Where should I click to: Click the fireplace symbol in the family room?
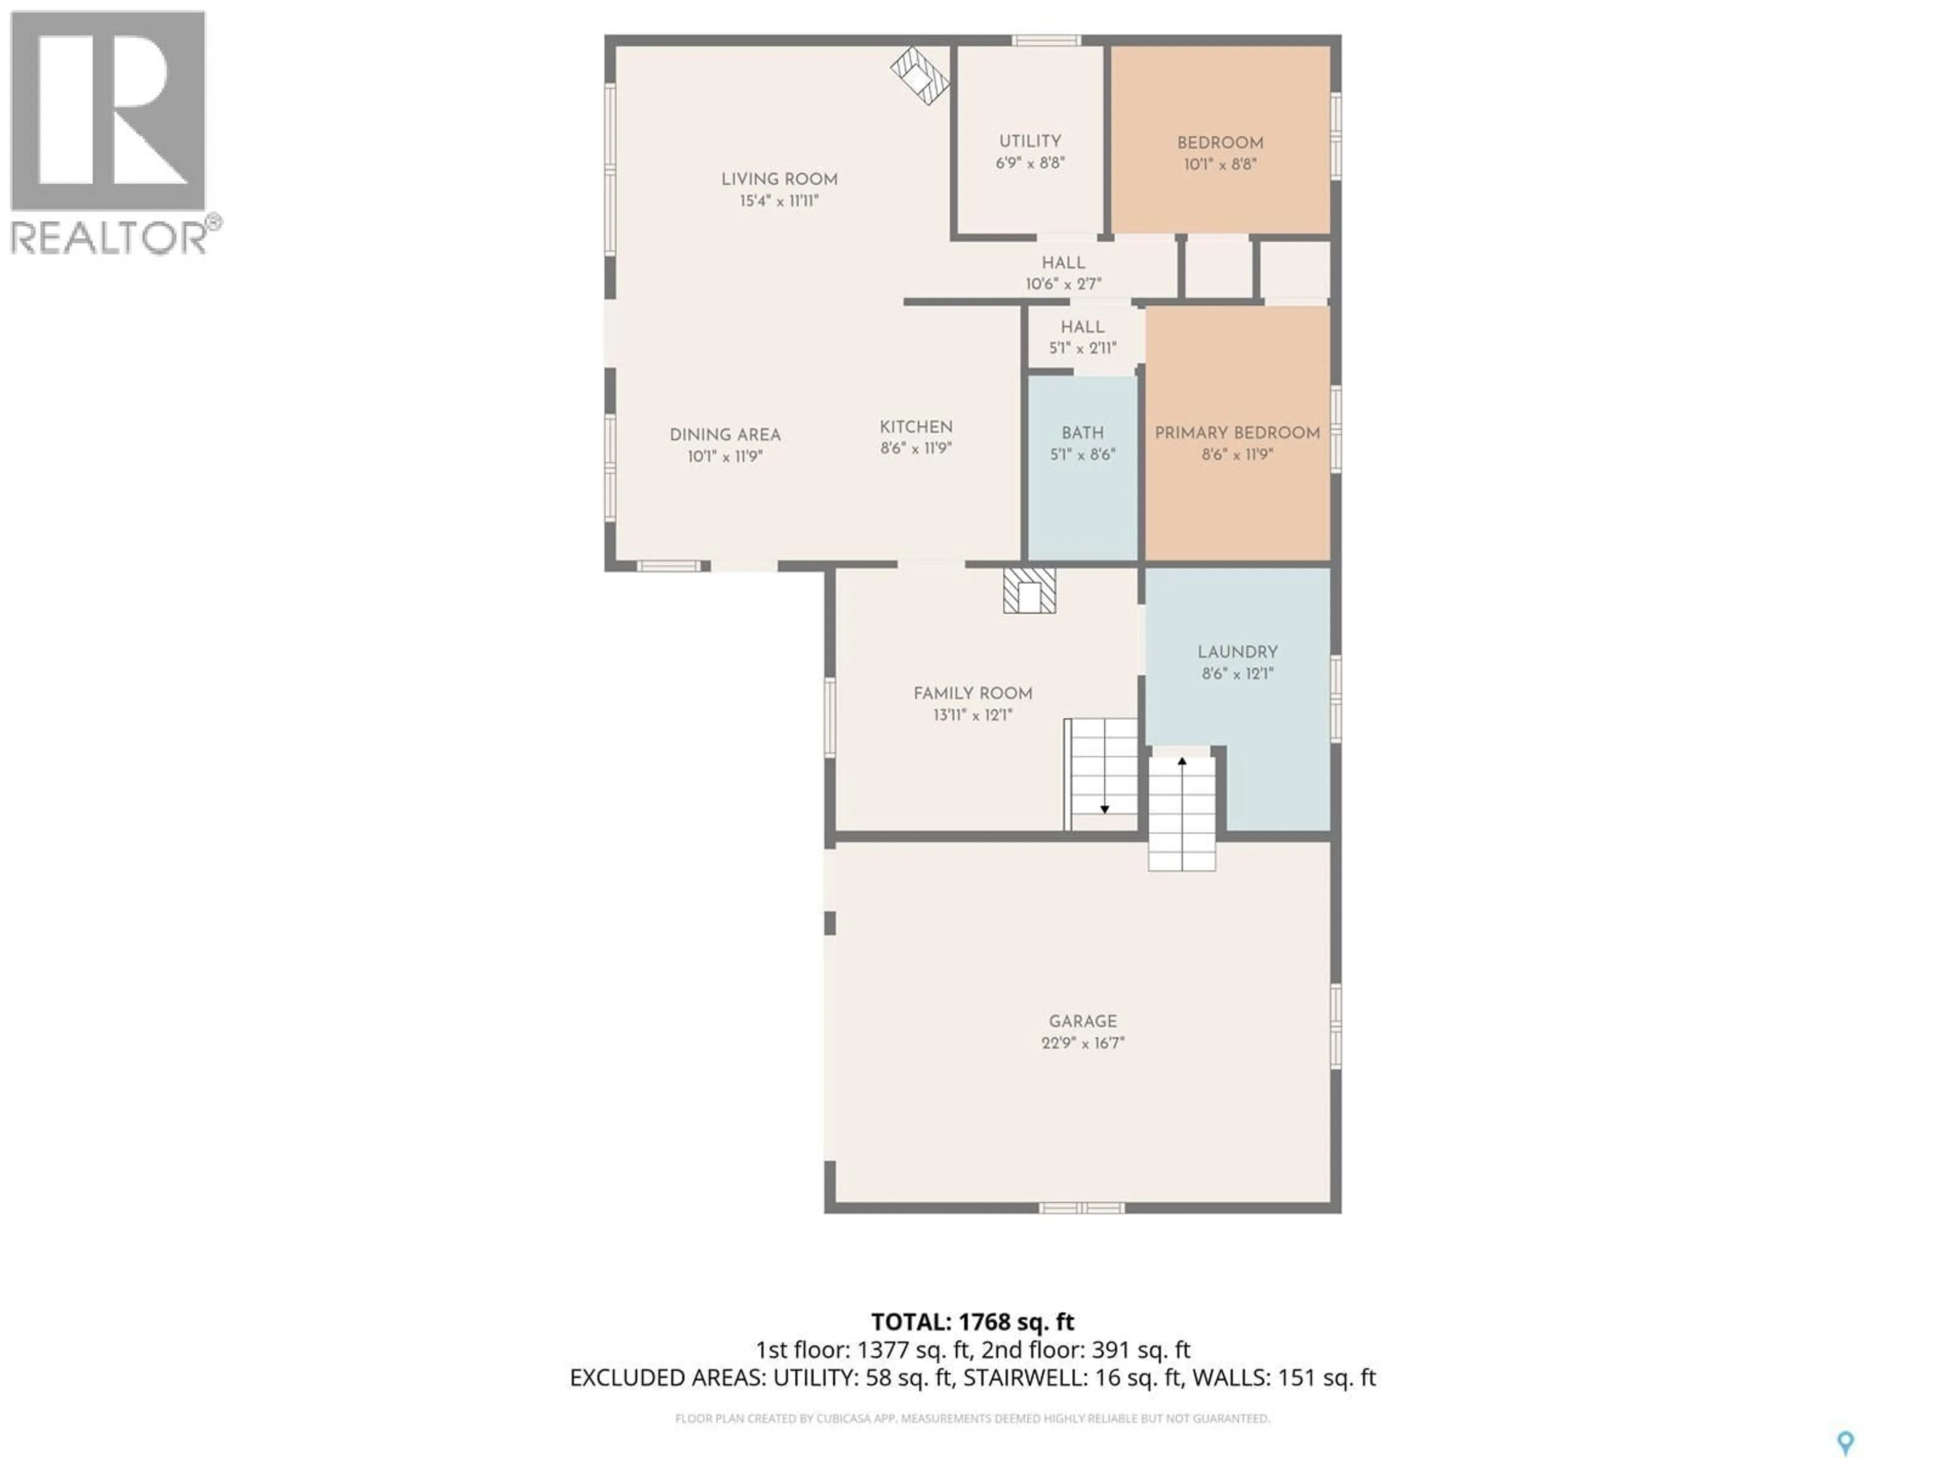[x=1029, y=591]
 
